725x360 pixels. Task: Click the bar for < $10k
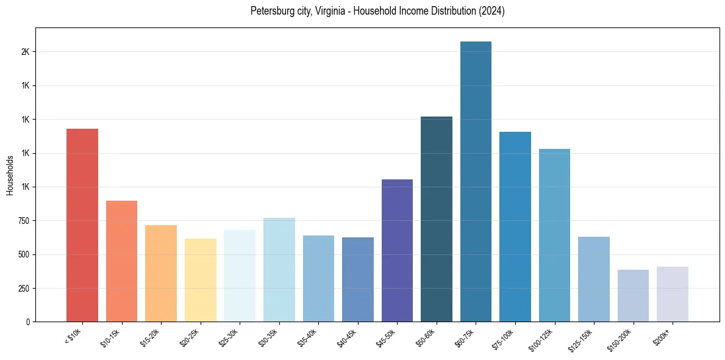coord(82,225)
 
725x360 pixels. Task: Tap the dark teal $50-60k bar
coord(437,219)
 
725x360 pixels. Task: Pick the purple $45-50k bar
coord(397,250)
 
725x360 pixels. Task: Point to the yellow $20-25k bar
coord(201,280)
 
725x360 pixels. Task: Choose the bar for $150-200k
coord(633,295)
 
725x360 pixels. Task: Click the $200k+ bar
coord(673,294)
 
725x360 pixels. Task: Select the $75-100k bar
coord(515,226)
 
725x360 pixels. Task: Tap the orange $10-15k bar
coord(121,261)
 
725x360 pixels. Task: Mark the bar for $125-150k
coord(594,279)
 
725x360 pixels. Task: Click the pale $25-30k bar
coord(240,276)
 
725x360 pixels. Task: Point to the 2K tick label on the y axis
coord(25,52)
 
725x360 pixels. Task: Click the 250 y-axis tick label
coord(23,289)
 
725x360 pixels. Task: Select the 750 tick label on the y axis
coord(23,221)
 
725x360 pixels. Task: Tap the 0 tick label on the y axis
coord(27,322)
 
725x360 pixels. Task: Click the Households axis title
coord(10,175)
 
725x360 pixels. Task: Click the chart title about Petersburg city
coord(377,11)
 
